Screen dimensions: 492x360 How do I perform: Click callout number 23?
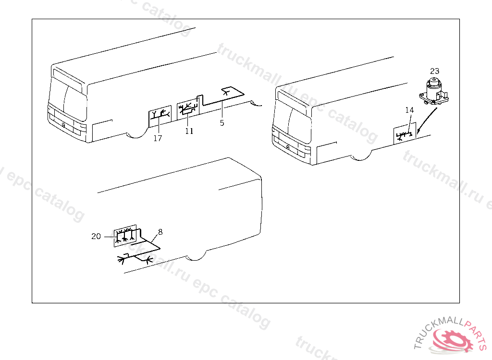[x=434, y=71]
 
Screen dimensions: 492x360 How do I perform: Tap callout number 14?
[x=409, y=110]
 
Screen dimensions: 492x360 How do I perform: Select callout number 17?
[x=158, y=138]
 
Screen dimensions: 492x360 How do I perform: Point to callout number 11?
[x=189, y=131]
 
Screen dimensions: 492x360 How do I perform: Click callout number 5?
[x=222, y=123]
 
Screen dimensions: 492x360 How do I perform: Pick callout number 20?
[x=96, y=236]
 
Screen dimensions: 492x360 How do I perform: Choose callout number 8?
[x=160, y=232]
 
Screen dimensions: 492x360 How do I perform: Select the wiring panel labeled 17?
[x=160, y=116]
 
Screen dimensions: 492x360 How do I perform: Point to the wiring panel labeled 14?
[x=405, y=133]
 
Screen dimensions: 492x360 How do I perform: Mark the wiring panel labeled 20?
[x=125, y=236]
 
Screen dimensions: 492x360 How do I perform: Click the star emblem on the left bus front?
[x=63, y=125]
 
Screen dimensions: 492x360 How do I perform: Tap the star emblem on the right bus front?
[x=287, y=147]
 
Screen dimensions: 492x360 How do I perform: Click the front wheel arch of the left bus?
[x=137, y=135]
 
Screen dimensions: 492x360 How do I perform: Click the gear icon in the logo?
[x=453, y=340]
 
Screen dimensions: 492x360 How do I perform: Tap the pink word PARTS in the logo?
[x=476, y=333]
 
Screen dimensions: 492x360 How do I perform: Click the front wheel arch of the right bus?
[x=361, y=157]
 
